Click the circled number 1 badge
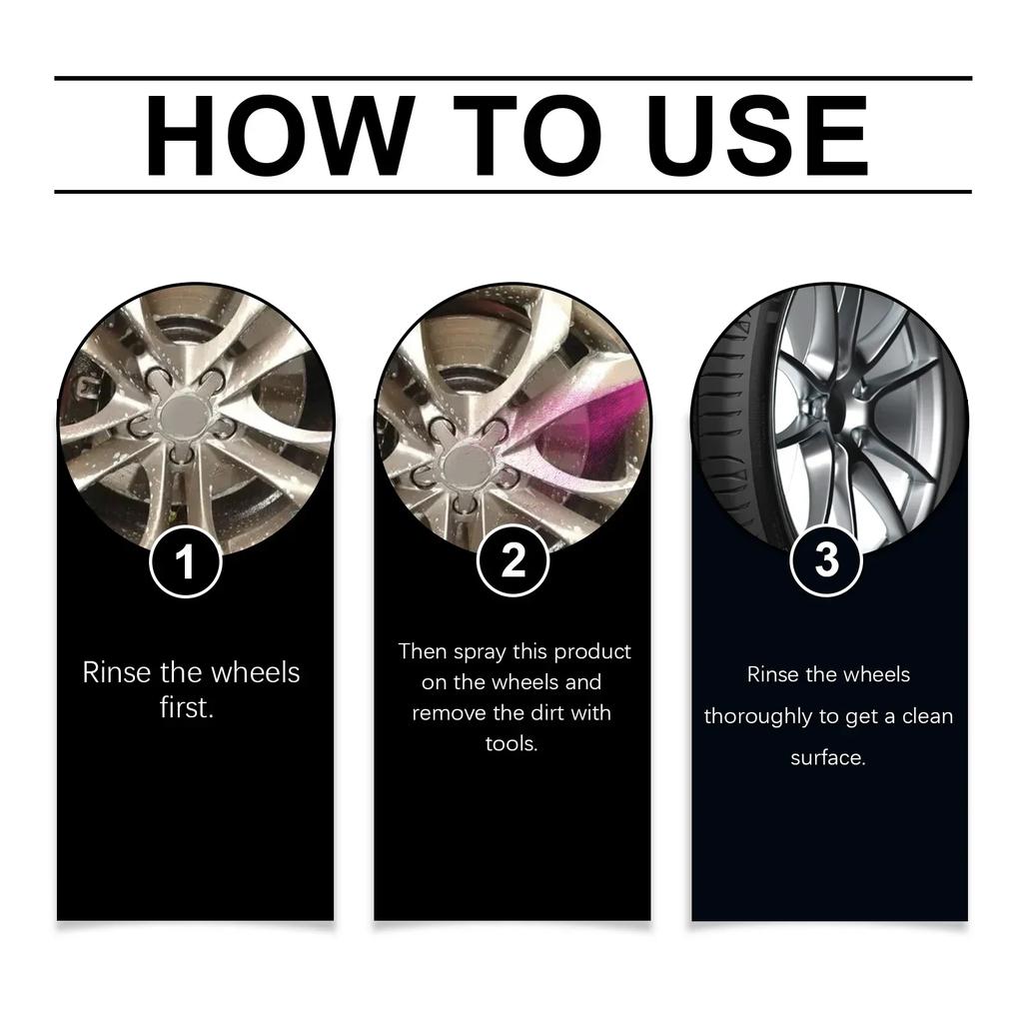tap(185, 562)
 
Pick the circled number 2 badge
tap(512, 561)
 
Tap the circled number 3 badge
tap(826, 560)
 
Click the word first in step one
tap(187, 709)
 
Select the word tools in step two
tap(511, 744)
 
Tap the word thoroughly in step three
tap(756, 717)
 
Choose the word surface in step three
tap(827, 758)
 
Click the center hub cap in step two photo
tap(463, 462)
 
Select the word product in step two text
tap(592, 651)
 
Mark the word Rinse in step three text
tap(773, 675)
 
